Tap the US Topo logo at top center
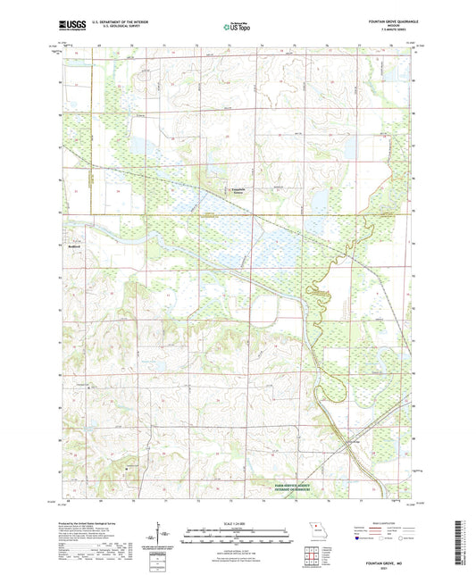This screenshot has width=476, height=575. pyautogui.click(x=238, y=28)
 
